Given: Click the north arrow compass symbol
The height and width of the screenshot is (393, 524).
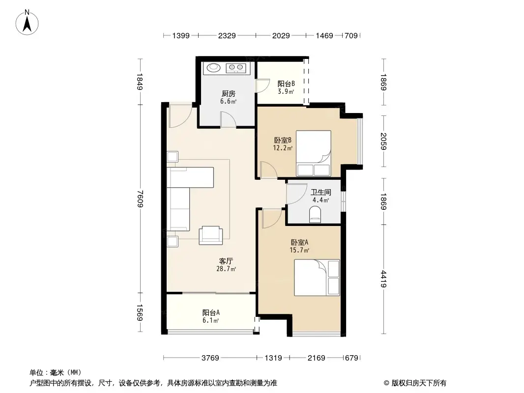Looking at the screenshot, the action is click(27, 23).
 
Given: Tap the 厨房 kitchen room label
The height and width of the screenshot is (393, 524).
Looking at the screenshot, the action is click(228, 93).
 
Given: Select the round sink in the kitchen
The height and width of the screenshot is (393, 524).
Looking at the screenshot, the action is click(213, 68).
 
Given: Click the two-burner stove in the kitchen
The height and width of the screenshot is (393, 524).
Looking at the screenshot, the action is click(236, 68).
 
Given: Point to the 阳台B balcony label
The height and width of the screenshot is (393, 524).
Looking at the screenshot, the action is click(286, 84).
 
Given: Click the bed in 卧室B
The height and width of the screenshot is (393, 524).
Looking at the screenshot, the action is click(314, 153).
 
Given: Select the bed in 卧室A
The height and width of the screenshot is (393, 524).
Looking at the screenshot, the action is click(317, 278).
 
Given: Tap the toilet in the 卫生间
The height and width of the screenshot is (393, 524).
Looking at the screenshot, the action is click(315, 214).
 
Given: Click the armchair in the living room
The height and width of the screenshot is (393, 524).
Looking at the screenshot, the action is click(210, 235).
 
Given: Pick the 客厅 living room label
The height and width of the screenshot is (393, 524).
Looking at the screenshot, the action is click(226, 261).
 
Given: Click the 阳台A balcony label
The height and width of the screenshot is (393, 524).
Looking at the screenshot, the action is click(211, 313).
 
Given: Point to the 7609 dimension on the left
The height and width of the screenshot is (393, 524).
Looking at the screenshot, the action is click(140, 198).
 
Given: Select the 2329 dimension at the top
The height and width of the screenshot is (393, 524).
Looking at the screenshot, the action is click(227, 35).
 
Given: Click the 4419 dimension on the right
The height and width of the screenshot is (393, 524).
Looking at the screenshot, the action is click(383, 279).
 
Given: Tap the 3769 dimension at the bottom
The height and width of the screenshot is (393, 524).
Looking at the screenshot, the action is click(210, 358).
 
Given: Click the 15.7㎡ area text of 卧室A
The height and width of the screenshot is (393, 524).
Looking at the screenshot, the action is click(299, 250).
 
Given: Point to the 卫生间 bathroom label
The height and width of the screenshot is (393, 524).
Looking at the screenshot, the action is click(321, 192).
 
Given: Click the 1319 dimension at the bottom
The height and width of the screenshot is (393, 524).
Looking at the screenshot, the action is click(273, 358).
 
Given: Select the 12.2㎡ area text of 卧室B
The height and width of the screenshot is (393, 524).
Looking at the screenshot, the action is click(283, 148).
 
